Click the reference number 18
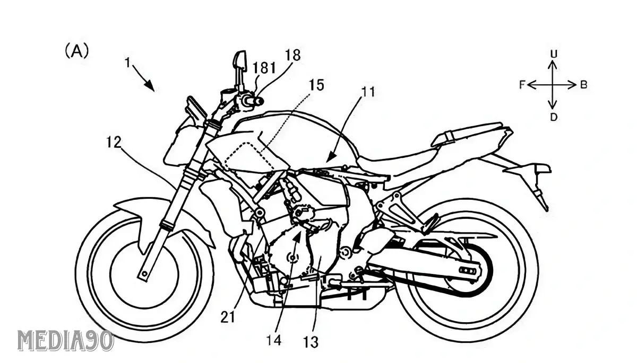click(292, 55)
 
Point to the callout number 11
click(367, 92)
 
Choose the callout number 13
click(312, 342)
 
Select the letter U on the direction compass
click(553, 53)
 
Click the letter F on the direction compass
click(522, 84)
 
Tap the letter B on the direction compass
click(583, 84)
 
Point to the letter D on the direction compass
click(553, 117)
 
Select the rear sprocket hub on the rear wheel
click(467, 271)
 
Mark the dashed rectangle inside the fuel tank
click(245, 155)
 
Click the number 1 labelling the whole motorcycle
click(127, 63)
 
